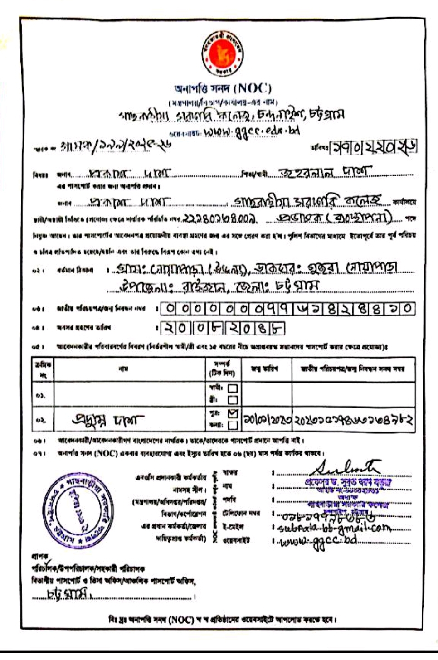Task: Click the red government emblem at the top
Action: [223, 53]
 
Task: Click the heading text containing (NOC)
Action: [223, 88]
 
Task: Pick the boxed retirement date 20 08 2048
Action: [222, 328]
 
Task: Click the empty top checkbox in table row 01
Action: [233, 388]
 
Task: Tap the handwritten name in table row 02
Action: [108, 420]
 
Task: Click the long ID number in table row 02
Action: [354, 420]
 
